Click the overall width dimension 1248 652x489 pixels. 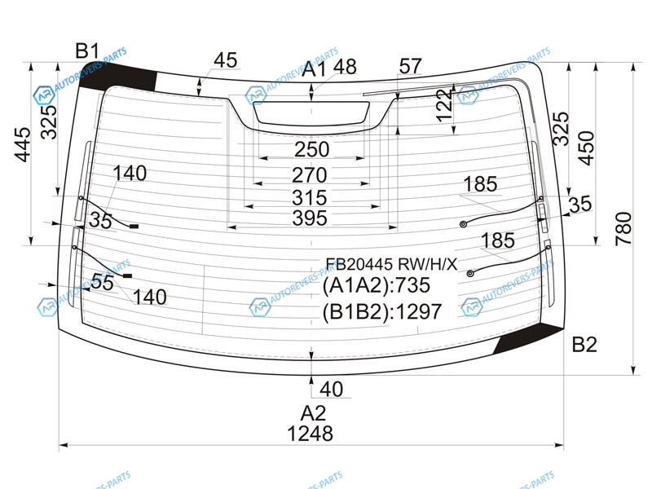pos(311,434)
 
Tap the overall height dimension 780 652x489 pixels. pos(623,228)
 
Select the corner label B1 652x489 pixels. pos(87,51)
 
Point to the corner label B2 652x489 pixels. pos(584,344)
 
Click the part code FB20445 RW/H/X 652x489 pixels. pos(391,264)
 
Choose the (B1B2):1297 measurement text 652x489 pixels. pos(381,311)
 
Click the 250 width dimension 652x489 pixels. pos(312,149)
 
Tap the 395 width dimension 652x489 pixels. pos(310,218)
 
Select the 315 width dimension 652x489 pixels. pos(310,197)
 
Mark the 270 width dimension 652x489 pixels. pos(310,175)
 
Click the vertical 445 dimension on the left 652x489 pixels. pos(23,144)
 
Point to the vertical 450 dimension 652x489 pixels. pos(586,148)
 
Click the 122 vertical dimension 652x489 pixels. pos(444,105)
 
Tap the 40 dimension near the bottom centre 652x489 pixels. pos(332,390)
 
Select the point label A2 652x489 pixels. pos(313,413)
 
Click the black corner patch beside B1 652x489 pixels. pos(117,77)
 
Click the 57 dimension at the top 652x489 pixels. pos(411,66)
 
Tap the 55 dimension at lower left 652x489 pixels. pos(102,282)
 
